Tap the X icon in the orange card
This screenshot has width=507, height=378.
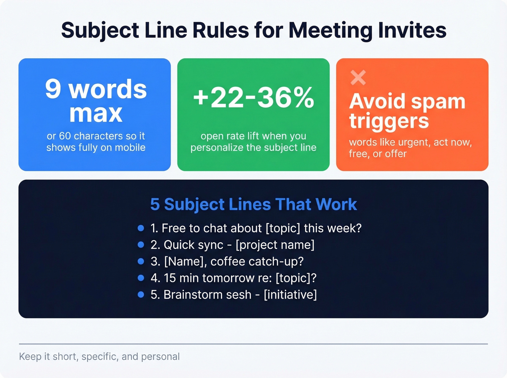point(358,78)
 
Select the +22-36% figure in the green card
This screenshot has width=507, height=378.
point(253,98)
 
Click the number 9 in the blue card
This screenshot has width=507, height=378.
point(53,89)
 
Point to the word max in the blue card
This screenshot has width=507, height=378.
point(96,114)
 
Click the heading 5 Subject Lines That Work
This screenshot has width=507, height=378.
point(253,204)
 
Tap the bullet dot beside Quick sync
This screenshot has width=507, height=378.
point(141,245)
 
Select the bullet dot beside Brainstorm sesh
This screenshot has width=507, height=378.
point(141,295)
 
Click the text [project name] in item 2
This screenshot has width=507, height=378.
point(275,245)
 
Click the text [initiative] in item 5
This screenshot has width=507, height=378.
point(290,295)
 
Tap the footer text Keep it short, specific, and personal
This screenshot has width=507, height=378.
point(99,357)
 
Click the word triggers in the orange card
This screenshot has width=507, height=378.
point(389,122)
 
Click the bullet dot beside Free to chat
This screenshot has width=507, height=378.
point(141,228)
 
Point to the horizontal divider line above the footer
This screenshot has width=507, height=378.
point(253,344)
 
